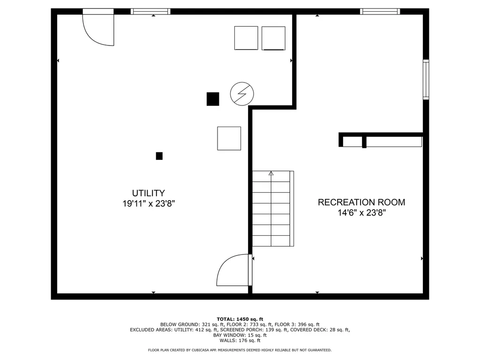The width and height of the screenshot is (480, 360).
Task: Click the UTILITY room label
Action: click(149, 193)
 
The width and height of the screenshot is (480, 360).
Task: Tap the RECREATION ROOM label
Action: click(361, 202)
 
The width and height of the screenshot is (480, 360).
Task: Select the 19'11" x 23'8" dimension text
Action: click(149, 203)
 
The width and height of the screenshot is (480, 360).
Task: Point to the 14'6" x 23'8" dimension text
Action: click(361, 213)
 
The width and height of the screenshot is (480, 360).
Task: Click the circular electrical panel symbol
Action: click(242, 94)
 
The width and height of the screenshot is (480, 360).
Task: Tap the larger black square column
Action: click(213, 99)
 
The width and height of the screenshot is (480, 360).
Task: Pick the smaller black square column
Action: click(159, 156)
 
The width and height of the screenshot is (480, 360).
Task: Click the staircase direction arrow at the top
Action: click(271, 173)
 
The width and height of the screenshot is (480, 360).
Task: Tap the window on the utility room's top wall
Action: click(150, 12)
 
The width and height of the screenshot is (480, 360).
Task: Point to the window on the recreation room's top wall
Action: click(380, 12)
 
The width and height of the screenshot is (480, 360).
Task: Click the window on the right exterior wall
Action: click(426, 80)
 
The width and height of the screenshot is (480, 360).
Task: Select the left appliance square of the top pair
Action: click(246, 38)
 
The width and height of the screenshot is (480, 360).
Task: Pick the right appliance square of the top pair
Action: click(274, 38)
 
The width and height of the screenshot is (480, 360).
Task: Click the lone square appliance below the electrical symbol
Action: click(229, 138)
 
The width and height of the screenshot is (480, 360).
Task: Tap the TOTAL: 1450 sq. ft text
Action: click(240, 319)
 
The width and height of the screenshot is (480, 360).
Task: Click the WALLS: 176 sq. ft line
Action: click(240, 340)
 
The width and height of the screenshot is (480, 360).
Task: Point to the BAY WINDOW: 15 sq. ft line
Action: click(240, 335)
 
